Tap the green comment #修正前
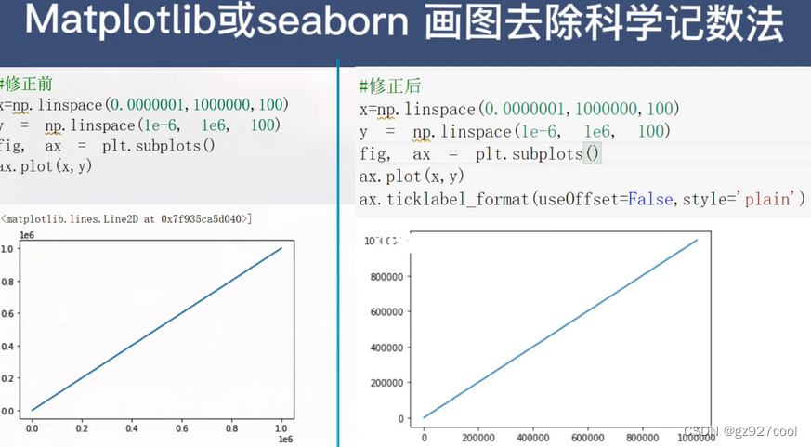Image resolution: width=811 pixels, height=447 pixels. pyautogui.click(x=27, y=85)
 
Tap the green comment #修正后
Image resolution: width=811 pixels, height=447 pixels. pyautogui.click(x=389, y=86)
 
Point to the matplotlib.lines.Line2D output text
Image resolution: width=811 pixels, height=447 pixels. pyautogui.click(x=125, y=219)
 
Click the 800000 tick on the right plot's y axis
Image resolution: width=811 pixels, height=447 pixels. pyautogui.click(x=391, y=277)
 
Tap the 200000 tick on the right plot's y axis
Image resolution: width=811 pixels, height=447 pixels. pyautogui.click(x=391, y=383)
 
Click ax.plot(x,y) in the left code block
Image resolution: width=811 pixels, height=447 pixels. pyautogui.click(x=46, y=166)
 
